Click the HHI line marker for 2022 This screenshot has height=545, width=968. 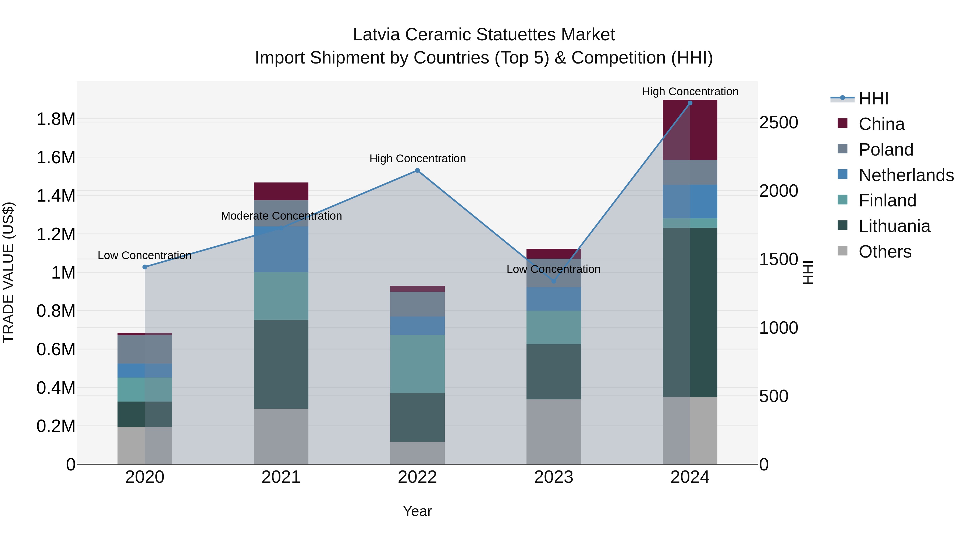(417, 170)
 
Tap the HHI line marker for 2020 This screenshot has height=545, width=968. (145, 267)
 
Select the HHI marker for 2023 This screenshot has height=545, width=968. (554, 281)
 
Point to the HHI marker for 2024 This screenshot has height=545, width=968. (690, 103)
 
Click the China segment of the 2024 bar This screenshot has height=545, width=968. (690, 130)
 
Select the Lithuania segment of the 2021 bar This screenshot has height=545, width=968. (281, 364)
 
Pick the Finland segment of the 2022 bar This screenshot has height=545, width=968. (417, 364)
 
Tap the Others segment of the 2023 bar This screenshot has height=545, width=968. (554, 431)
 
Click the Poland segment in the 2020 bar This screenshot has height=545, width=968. (145, 349)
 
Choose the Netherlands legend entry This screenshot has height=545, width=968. (906, 175)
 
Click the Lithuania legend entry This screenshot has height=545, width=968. (894, 226)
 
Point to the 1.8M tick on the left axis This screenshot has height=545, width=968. (56, 119)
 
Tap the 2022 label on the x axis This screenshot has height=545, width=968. (417, 477)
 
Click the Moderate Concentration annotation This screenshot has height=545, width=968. (282, 216)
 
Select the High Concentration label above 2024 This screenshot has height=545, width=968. (690, 92)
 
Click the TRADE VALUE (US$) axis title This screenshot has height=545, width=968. (8, 272)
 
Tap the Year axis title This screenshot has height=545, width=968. (417, 511)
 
